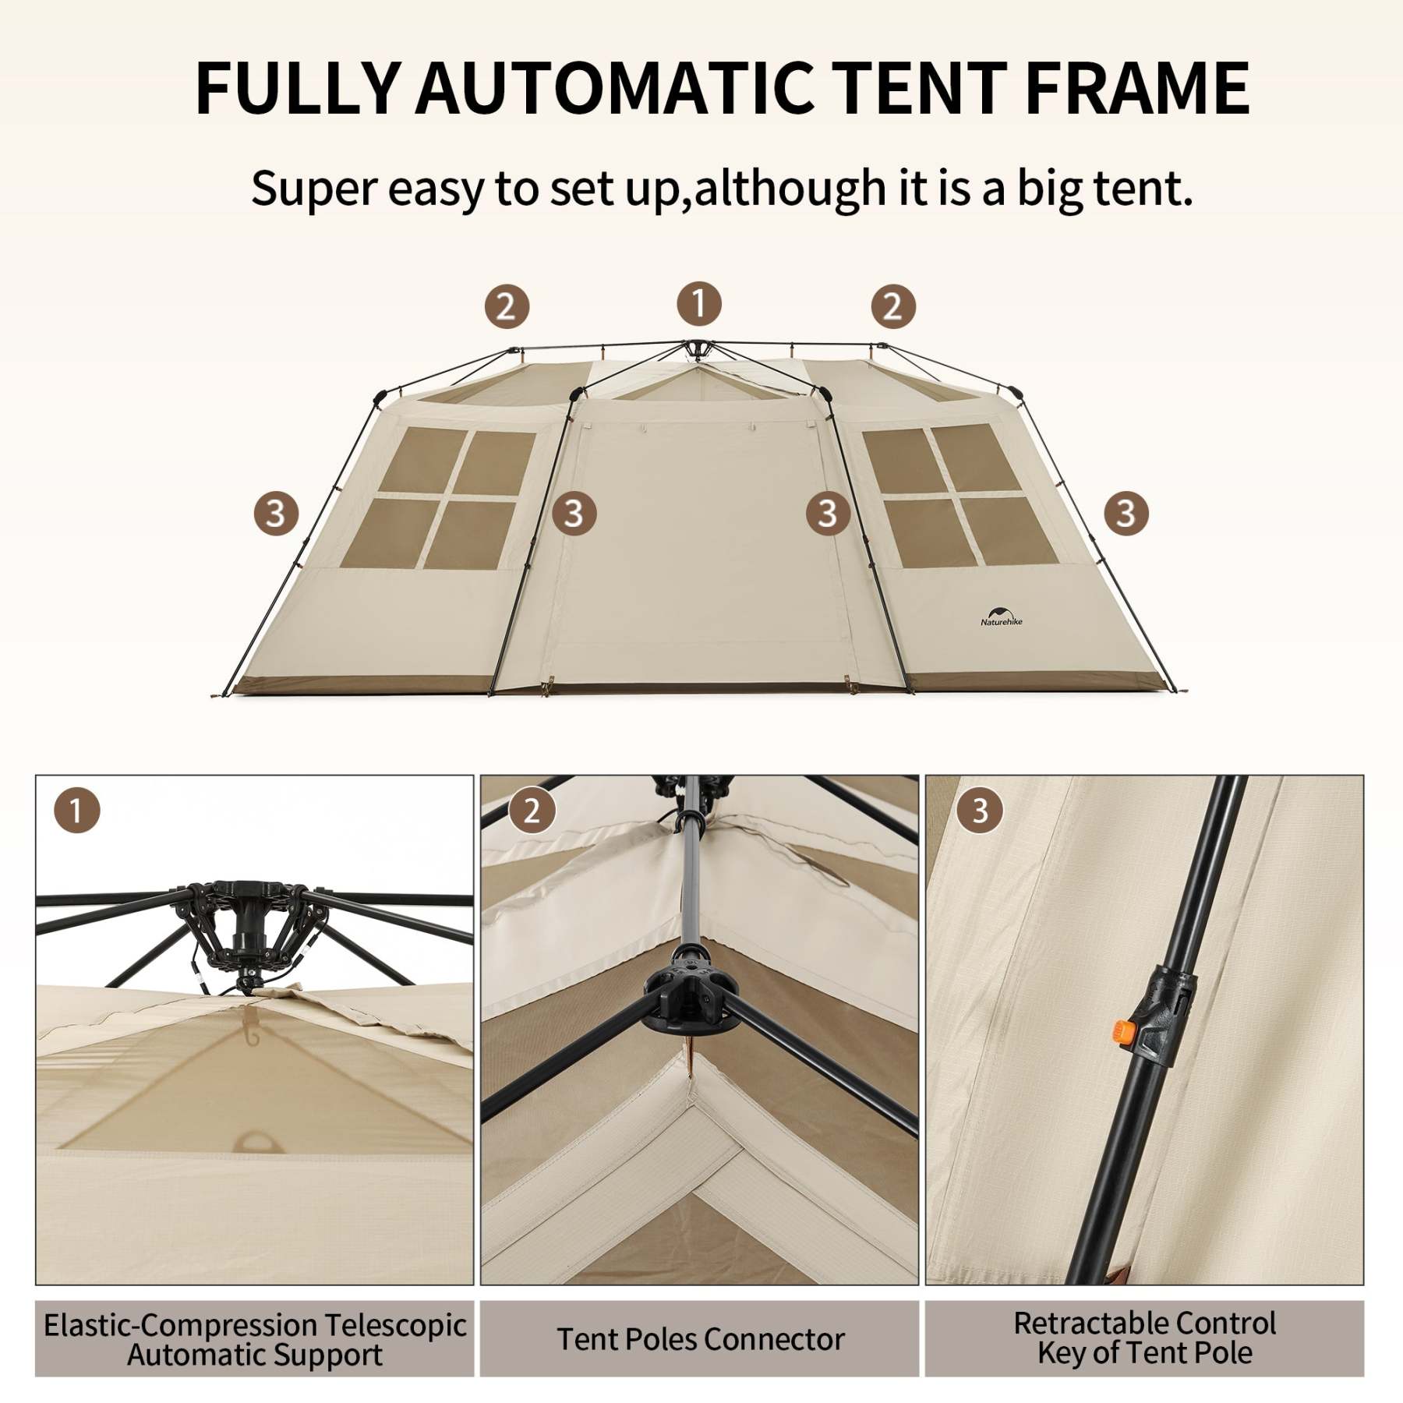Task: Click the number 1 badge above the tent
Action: pos(698,303)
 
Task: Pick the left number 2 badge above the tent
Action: pos(507,306)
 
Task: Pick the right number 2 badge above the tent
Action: pos(892,306)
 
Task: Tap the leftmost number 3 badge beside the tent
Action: pos(276,514)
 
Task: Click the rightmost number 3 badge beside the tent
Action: pos(1126,514)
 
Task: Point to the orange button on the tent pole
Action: pos(1120,1034)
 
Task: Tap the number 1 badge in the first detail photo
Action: pos(76,811)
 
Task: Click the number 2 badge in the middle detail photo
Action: pos(532,811)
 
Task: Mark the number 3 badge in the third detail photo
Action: pos(980,811)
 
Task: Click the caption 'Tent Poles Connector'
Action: pos(700,1339)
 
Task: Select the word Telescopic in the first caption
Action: pos(395,1325)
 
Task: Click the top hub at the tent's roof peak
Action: pos(694,346)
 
